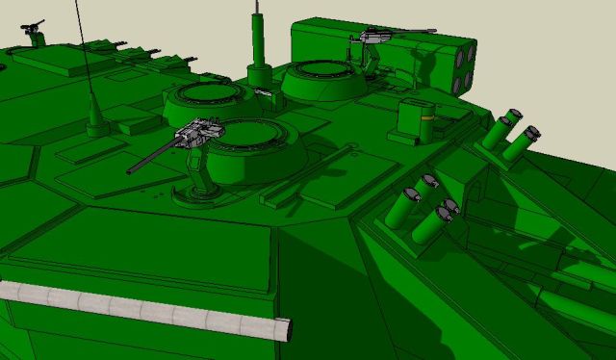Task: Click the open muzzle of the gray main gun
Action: (x=284, y=328)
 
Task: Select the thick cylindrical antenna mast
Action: (x=256, y=39)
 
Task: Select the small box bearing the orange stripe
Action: (x=420, y=120)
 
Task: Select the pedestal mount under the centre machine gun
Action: (x=202, y=173)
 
